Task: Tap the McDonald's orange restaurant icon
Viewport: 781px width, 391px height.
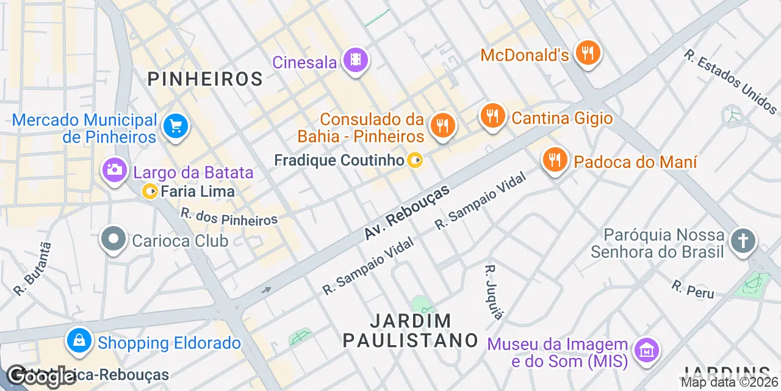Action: [x=587, y=53]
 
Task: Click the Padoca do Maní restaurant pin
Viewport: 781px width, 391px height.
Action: [x=554, y=161]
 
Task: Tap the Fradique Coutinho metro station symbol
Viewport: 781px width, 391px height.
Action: [x=415, y=161]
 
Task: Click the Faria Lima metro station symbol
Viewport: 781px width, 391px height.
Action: [x=149, y=192]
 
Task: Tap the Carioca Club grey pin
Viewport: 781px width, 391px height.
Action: [x=114, y=240]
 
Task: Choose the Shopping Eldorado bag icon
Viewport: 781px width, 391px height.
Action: [x=79, y=342]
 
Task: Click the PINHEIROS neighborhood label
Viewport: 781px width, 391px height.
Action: [x=206, y=79]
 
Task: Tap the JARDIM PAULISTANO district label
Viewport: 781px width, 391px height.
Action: [x=411, y=331]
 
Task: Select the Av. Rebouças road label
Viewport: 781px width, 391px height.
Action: [x=407, y=211]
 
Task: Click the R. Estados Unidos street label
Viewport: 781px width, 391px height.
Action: [x=730, y=82]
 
